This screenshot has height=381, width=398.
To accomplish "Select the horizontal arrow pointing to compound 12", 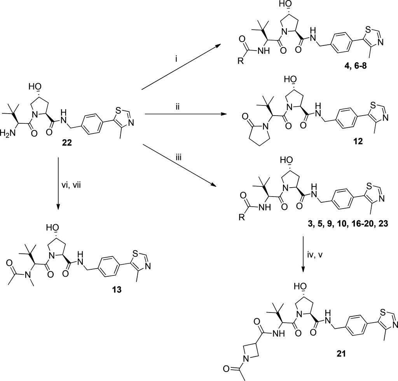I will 187,114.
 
